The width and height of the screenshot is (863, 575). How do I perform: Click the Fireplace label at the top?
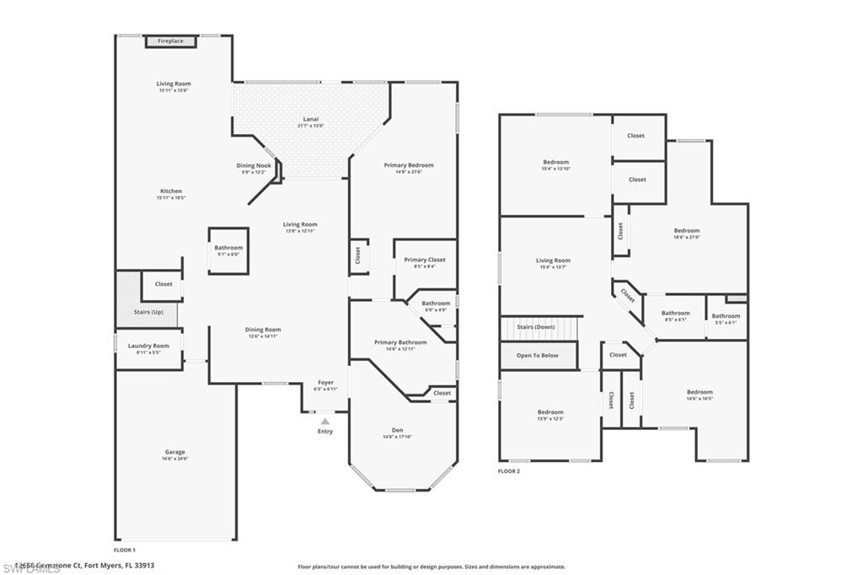[170, 40]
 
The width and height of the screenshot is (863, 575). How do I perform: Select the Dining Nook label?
[253, 166]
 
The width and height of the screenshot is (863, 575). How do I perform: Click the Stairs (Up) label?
[148, 312]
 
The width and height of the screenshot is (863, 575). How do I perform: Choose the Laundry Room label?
[148, 346]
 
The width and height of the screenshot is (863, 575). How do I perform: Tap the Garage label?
[174, 452]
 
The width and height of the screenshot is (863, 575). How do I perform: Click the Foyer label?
[325, 383]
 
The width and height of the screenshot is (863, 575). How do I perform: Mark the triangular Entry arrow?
[325, 421]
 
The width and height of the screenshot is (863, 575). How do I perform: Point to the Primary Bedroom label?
[409, 165]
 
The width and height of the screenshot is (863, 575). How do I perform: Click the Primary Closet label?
[425, 260]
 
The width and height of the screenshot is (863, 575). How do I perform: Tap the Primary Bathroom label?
[400, 342]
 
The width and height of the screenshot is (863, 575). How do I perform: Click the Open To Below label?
[538, 356]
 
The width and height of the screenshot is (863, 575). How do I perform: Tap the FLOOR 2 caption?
[509, 471]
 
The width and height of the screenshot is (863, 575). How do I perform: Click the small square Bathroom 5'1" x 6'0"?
[228, 250]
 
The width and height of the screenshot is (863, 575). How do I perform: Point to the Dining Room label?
[262, 330]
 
